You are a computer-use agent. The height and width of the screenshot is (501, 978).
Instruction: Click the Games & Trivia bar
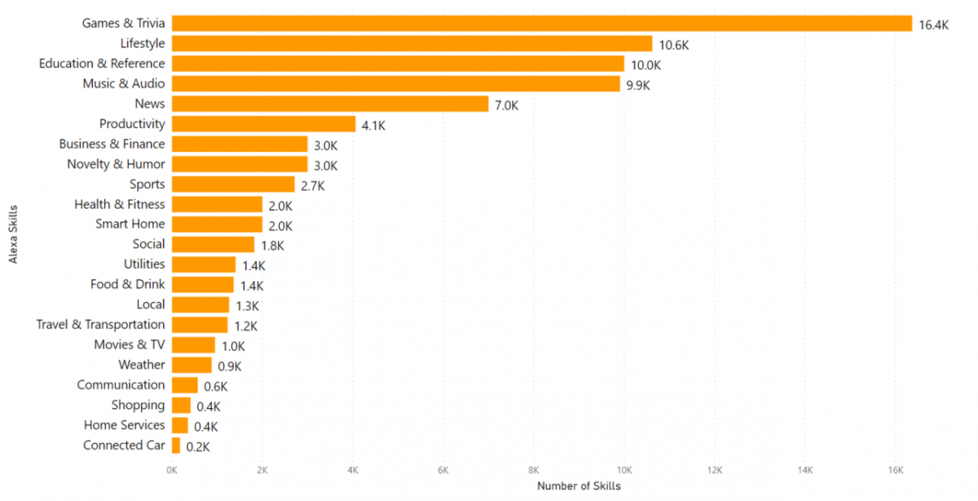coord(541,24)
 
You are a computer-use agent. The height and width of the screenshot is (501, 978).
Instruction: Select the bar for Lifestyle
coord(412,44)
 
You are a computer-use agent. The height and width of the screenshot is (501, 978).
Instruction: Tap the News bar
coord(330,104)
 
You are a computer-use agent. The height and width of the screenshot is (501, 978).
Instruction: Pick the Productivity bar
coord(263,124)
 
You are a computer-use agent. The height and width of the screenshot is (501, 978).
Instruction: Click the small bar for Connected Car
coord(176,446)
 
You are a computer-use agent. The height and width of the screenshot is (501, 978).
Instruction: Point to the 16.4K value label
coord(933,25)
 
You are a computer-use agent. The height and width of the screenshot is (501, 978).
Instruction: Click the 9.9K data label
coord(638,85)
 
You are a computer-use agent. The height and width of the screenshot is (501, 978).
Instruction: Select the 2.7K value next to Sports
coord(313,186)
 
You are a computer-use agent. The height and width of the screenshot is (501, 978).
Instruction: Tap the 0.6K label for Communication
coord(216,387)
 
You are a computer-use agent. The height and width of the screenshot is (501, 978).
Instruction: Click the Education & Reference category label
coord(102,64)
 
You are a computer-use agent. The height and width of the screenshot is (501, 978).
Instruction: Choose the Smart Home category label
coord(130,224)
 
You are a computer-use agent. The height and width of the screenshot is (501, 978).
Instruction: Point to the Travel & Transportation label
coord(100,325)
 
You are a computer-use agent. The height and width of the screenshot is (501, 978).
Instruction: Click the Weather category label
coord(141,365)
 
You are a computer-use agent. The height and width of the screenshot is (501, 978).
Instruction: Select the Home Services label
coord(124,425)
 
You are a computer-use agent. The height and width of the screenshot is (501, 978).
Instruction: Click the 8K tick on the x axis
coord(533,471)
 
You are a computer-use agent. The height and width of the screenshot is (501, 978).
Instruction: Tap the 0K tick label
coord(172,471)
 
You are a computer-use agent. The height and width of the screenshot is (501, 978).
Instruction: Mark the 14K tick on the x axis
coord(804,471)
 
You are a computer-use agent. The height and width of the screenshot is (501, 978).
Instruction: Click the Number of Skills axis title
coord(579,486)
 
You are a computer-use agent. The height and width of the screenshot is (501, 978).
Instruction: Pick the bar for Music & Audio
coord(395,84)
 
